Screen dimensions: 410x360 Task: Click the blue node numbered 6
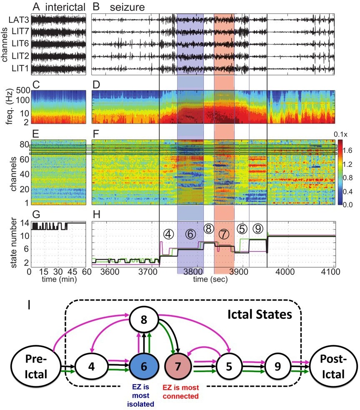144,366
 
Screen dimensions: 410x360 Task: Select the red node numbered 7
179,366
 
